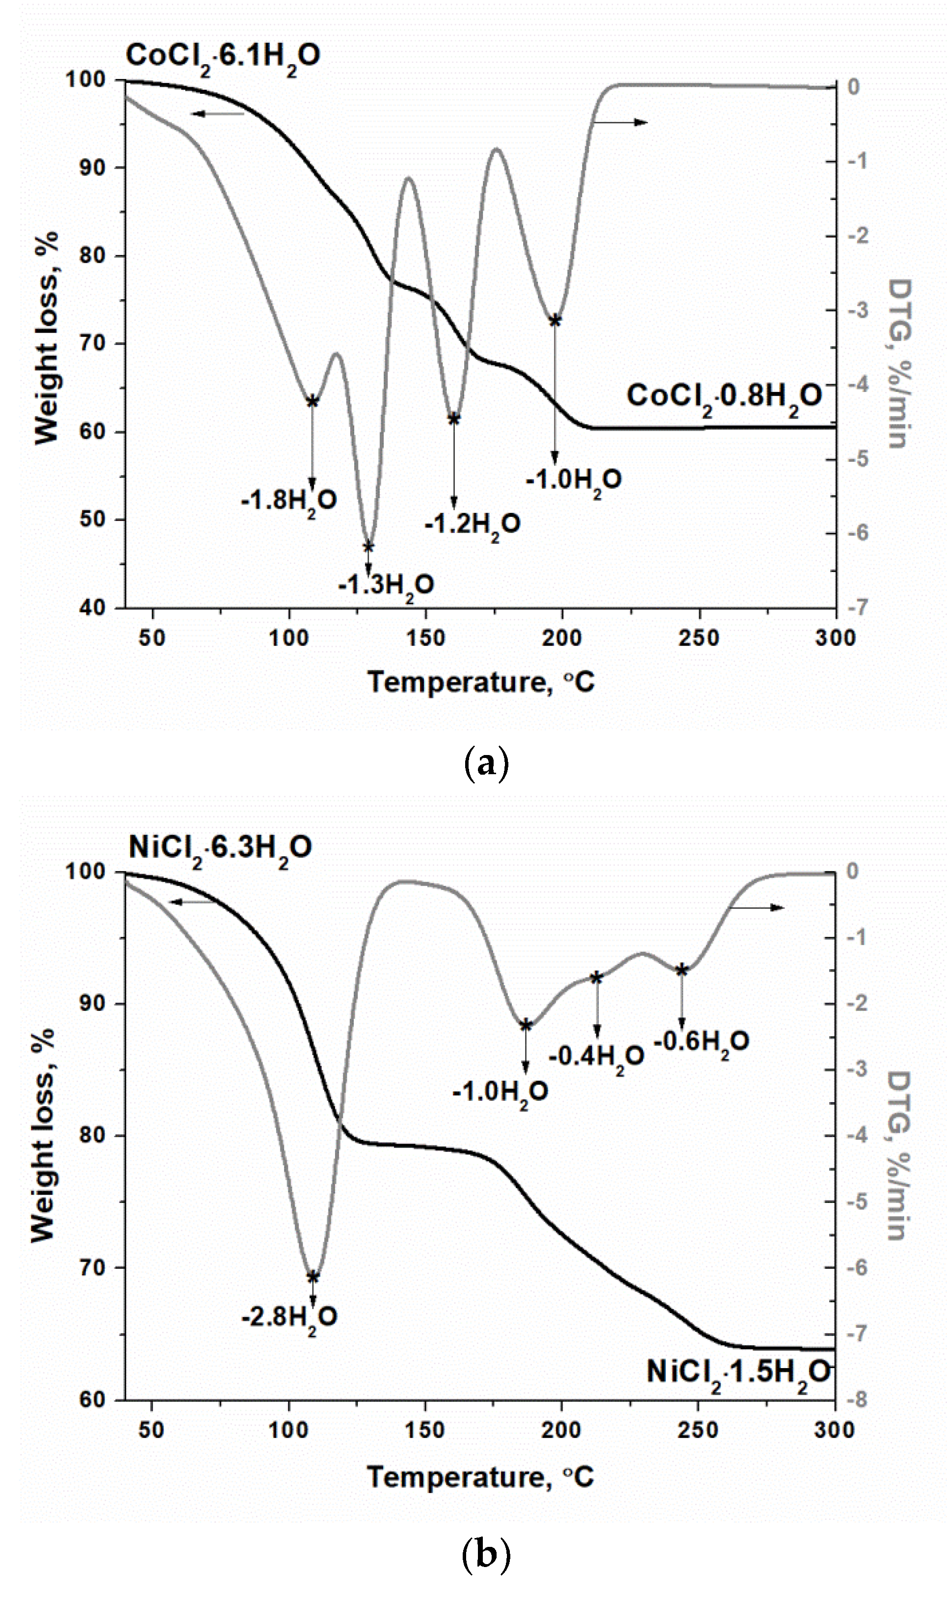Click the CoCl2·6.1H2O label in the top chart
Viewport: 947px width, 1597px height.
click(x=223, y=56)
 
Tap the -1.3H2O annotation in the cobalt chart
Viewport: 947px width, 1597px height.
click(x=386, y=585)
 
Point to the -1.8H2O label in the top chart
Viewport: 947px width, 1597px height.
click(x=288, y=501)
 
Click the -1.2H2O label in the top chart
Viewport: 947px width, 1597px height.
click(x=472, y=525)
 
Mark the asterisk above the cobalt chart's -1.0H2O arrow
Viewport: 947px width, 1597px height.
click(x=555, y=321)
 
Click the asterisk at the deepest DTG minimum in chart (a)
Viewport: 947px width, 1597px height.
click(x=368, y=547)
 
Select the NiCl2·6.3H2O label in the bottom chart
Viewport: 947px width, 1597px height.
click(x=220, y=848)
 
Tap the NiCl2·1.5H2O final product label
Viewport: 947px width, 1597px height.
click(x=738, y=1372)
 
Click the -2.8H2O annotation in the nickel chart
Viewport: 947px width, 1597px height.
click(x=289, y=1317)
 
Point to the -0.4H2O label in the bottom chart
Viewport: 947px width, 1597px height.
click(x=596, y=1057)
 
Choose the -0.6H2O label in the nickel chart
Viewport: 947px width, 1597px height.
click(x=701, y=1042)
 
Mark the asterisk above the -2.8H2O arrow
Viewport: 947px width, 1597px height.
click(x=313, y=1277)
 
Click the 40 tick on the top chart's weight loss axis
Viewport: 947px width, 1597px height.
click(x=92, y=607)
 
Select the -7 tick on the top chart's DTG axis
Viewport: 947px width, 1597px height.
click(x=858, y=607)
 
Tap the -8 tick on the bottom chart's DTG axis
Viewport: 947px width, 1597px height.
click(x=857, y=1401)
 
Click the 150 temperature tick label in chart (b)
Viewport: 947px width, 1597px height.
click(x=424, y=1430)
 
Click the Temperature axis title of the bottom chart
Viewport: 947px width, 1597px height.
click(x=480, y=1477)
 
